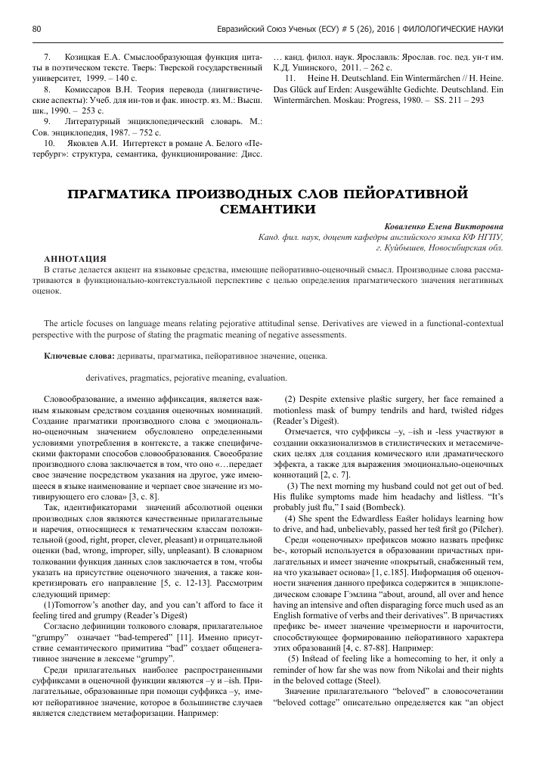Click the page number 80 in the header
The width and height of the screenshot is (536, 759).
36,29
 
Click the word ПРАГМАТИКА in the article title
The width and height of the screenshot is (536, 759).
123,191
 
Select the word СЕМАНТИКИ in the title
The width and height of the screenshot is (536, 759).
267,207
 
